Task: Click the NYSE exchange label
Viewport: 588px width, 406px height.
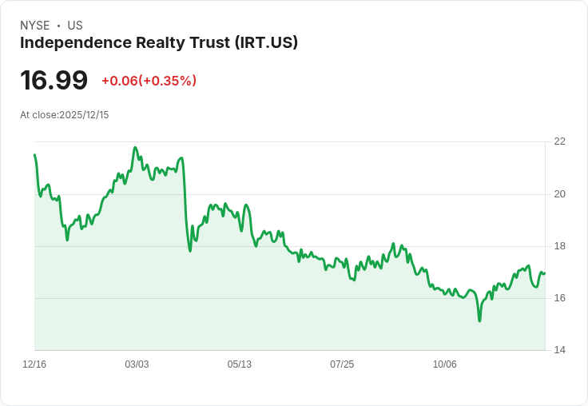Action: [34, 26]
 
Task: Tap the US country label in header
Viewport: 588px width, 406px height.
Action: [75, 26]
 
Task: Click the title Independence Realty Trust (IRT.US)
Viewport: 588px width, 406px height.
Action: [159, 42]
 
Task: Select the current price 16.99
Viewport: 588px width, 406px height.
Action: [54, 80]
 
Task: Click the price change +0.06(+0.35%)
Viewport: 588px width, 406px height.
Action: [149, 81]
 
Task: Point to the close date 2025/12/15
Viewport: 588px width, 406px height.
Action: [84, 115]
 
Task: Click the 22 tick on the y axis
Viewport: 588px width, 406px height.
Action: [559, 141]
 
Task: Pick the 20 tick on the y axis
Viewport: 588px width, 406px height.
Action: [559, 194]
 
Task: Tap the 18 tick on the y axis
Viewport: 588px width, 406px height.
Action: [559, 246]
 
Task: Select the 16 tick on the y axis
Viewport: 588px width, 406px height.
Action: [559, 298]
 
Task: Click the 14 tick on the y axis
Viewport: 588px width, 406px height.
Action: [559, 350]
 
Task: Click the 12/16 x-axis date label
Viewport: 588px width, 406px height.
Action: [34, 364]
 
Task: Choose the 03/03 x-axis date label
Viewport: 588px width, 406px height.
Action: [137, 364]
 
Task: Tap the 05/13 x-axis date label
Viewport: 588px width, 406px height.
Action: [239, 364]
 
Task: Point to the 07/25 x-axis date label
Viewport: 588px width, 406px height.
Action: [342, 364]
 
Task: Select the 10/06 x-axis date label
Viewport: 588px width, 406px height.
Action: [444, 364]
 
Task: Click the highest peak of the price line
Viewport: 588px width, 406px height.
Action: [135, 148]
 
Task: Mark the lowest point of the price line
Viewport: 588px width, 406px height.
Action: [479, 320]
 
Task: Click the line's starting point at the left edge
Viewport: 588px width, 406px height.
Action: [34, 155]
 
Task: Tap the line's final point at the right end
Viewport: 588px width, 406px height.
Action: [544, 273]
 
